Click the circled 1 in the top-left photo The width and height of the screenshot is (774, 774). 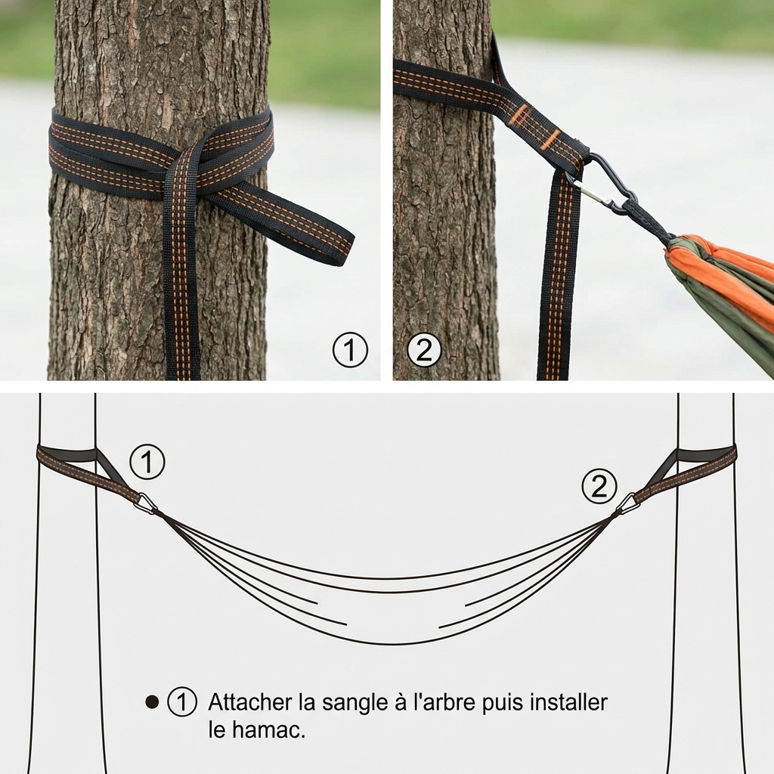coord(350,351)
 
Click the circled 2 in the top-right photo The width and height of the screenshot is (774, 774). coord(424,351)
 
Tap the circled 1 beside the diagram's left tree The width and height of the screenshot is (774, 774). coord(147,462)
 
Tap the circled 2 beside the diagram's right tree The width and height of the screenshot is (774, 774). coord(599,487)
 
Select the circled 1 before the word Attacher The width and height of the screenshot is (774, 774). coord(181,702)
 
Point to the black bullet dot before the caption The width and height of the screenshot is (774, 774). coord(152,702)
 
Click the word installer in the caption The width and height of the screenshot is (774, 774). coord(568,702)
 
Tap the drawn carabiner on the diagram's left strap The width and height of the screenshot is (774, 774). coord(146,503)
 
